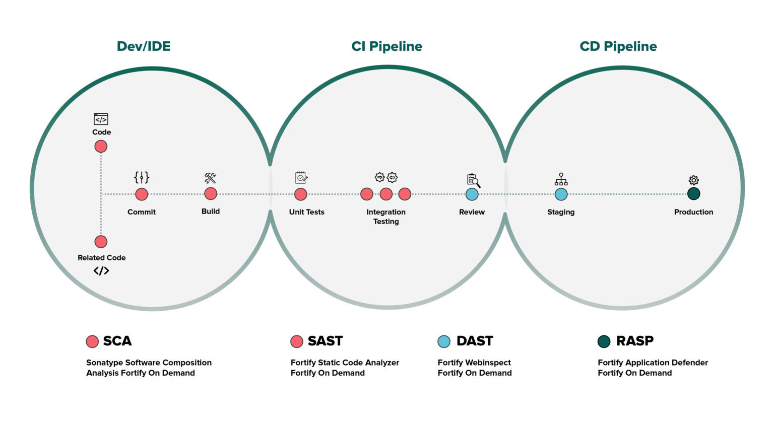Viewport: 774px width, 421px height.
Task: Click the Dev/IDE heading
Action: pyautogui.click(x=144, y=46)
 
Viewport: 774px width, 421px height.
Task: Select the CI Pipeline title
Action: pyautogui.click(x=386, y=46)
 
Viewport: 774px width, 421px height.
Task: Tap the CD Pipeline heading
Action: pyautogui.click(x=618, y=46)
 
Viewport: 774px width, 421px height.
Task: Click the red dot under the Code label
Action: pyautogui.click(x=101, y=147)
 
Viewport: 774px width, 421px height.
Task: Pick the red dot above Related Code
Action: pyautogui.click(x=101, y=242)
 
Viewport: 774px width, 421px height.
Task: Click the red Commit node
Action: pyautogui.click(x=142, y=194)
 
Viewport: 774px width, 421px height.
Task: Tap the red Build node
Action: pyautogui.click(x=211, y=194)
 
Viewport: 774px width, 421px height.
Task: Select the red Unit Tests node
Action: pyautogui.click(x=300, y=194)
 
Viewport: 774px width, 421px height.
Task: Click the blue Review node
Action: pyautogui.click(x=472, y=194)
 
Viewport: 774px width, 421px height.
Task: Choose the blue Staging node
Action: pyautogui.click(x=561, y=194)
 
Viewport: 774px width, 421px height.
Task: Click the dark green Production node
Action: pyautogui.click(x=693, y=194)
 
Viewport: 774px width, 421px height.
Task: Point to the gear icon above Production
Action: pyautogui.click(x=693, y=180)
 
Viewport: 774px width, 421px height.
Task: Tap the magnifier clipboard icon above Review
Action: pyautogui.click(x=473, y=180)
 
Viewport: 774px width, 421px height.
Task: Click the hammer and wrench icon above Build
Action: pyautogui.click(x=210, y=178)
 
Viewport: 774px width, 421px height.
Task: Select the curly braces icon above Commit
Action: pyautogui.click(x=142, y=177)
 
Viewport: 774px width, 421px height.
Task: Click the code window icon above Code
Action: pyautogui.click(x=101, y=119)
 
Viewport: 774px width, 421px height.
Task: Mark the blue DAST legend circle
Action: pyautogui.click(x=443, y=341)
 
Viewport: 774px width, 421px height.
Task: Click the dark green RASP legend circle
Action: pyautogui.click(x=604, y=341)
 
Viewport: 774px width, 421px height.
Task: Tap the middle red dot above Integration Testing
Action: pyautogui.click(x=386, y=194)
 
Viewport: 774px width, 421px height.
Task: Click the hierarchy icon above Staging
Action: pyautogui.click(x=561, y=179)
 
